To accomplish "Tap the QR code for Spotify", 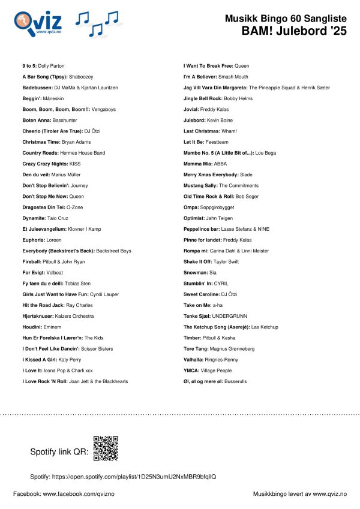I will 106,448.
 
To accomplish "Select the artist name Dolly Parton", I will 53,65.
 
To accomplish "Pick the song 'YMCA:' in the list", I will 191,371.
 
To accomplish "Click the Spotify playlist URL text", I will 123,477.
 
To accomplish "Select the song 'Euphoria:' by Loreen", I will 34,240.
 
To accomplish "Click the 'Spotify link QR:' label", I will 58,451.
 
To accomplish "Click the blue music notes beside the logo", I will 97,24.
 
